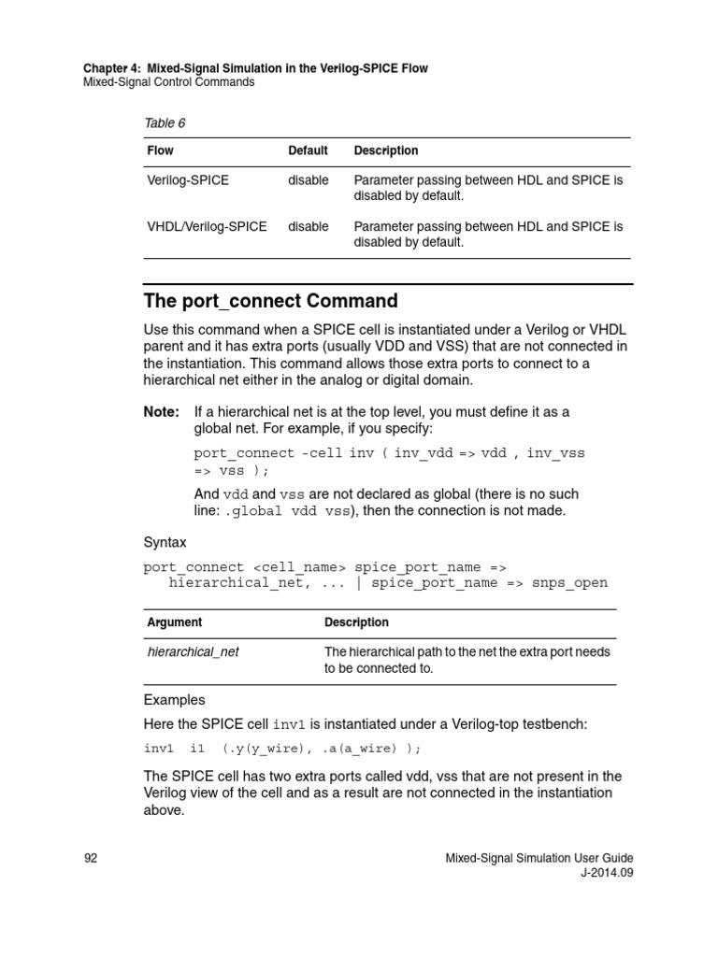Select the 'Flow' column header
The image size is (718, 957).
tap(160, 150)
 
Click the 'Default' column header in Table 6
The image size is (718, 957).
tap(308, 150)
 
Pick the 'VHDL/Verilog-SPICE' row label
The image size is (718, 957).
tap(207, 226)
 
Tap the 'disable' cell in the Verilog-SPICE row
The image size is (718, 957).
tap(308, 180)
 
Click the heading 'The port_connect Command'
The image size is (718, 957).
tap(270, 301)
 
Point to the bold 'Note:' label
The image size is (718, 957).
tap(161, 411)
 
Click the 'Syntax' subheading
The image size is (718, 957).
tap(165, 542)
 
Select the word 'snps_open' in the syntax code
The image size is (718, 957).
tap(569, 583)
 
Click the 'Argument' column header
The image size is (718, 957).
tap(175, 622)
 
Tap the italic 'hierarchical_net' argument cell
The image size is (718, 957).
tap(194, 652)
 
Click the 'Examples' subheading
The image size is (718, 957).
tap(174, 700)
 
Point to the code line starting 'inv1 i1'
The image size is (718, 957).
tap(281, 749)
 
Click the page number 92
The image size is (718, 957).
tap(91, 858)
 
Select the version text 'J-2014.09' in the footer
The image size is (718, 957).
tap(607, 874)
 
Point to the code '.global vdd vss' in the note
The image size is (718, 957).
tap(288, 511)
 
